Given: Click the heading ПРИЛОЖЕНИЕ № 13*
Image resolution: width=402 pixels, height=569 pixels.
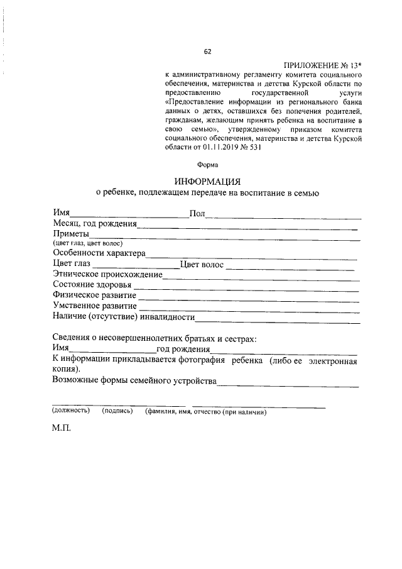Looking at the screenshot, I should tap(323, 65).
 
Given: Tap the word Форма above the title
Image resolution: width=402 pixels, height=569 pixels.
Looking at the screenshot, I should tap(208, 165).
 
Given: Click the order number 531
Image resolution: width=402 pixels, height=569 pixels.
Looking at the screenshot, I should tap(251, 149).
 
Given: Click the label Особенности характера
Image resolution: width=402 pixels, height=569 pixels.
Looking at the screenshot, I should tap(99, 253).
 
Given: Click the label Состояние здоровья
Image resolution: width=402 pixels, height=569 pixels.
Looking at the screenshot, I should tap(92, 285).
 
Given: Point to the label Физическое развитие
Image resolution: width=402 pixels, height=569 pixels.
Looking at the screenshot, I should tap(95, 295).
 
